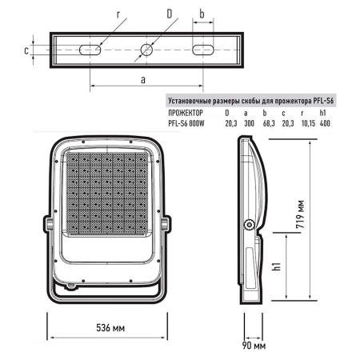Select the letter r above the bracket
click(118, 15)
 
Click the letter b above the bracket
click(203, 14)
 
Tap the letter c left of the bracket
click(26, 50)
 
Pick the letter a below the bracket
click(142, 80)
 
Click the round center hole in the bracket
click(147, 50)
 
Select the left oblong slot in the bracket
click(90, 50)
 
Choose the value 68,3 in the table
click(269, 124)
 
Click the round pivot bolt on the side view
click(250, 225)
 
